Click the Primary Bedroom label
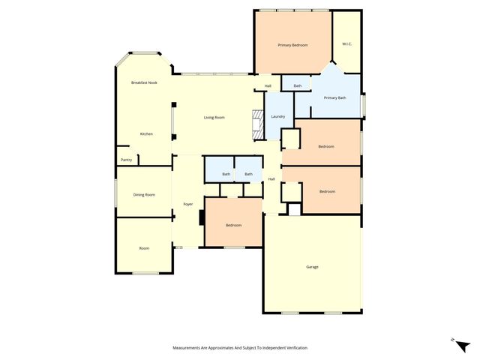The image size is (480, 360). (x=292, y=45)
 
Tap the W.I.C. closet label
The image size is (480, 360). (x=346, y=44)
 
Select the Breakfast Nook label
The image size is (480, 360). (x=144, y=82)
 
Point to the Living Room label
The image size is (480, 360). (x=214, y=118)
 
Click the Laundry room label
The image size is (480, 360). (x=277, y=116)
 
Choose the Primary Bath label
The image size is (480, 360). (x=334, y=97)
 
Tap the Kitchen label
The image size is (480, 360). (x=146, y=134)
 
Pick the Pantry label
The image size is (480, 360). (x=126, y=160)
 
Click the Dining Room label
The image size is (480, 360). (x=144, y=195)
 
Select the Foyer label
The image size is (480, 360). (x=188, y=204)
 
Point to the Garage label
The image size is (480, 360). (x=312, y=267)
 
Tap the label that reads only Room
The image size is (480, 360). (x=144, y=248)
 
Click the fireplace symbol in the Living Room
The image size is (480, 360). (x=258, y=122)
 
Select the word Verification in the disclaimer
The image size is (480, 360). (x=295, y=348)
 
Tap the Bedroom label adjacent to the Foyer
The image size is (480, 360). (x=233, y=225)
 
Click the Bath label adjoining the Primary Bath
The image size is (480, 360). (x=298, y=86)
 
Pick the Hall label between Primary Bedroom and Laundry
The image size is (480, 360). (x=268, y=86)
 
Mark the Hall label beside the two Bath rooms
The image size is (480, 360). (x=271, y=179)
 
